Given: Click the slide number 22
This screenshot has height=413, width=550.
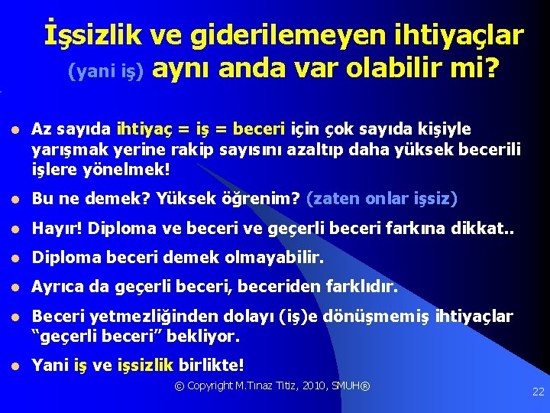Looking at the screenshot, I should pos(538,392).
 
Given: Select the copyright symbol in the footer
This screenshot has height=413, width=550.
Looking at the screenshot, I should pos(180,385).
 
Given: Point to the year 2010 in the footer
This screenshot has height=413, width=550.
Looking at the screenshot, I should pos(307,385).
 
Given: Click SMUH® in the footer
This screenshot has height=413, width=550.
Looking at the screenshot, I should pos(350,385).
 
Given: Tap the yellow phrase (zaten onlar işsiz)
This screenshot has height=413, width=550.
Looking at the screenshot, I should pos(381,199).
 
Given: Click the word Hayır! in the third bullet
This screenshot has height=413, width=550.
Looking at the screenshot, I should pos(53,229).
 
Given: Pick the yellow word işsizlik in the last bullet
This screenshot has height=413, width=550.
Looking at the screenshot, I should pos(146,365).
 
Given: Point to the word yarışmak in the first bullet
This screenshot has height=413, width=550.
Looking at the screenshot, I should pos(66,146).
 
